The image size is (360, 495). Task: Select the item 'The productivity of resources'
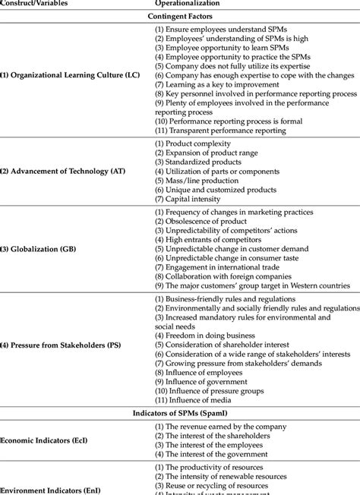point(213,467)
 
